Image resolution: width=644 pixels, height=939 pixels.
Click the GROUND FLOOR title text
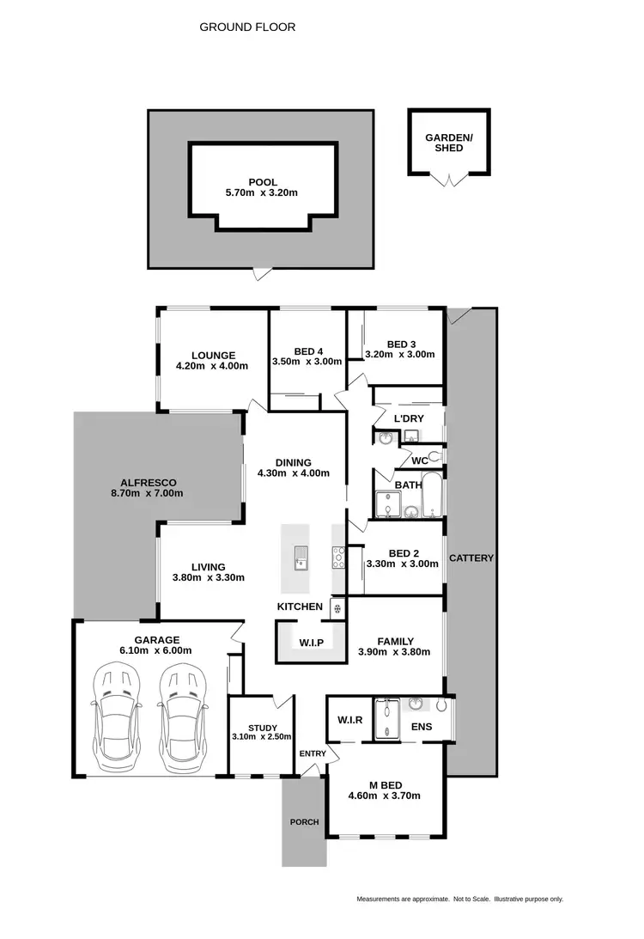[247, 27]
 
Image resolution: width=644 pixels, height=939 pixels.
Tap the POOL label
[261, 181]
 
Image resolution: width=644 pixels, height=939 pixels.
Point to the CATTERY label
[471, 558]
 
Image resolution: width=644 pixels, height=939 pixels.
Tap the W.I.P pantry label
[310, 642]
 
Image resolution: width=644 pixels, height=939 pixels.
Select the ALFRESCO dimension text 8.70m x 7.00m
[147, 493]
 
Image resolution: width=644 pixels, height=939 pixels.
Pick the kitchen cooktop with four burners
[339, 558]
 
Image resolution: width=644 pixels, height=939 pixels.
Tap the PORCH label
[304, 822]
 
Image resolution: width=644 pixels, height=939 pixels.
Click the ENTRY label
[313, 753]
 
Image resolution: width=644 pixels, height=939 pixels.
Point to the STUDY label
[262, 727]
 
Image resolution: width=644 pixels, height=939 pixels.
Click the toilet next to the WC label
[434, 454]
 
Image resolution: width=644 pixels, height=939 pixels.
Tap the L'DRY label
[409, 418]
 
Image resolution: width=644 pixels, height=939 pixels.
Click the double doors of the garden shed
[449, 179]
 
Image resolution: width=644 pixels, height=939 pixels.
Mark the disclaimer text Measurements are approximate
[403, 899]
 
